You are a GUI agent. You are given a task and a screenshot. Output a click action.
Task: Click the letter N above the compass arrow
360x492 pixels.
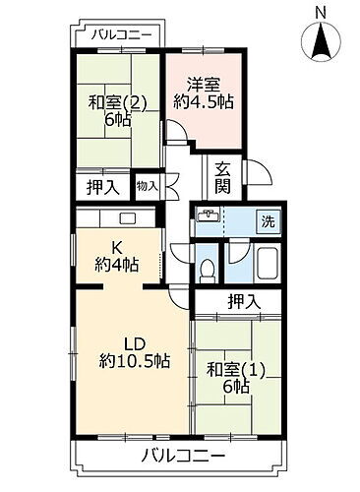point(321,11)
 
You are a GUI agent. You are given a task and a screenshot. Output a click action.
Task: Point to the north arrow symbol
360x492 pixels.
point(321,42)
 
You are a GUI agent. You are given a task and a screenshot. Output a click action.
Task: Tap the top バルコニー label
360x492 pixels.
point(121,34)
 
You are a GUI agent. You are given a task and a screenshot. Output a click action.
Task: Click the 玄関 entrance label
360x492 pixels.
point(224,177)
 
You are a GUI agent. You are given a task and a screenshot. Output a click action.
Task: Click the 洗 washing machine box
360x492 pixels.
point(268,222)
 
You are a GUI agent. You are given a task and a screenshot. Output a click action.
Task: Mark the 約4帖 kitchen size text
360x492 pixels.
point(115,266)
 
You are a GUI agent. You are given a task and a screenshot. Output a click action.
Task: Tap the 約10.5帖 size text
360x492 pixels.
point(135,361)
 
